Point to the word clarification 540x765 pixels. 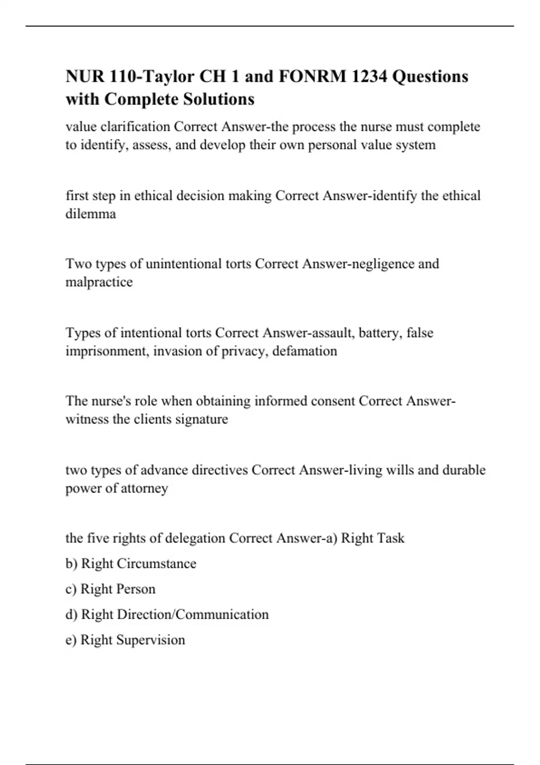click(135, 127)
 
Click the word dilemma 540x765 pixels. click(90, 214)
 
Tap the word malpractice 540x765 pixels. click(99, 282)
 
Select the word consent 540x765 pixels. click(332, 401)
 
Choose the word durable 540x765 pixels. click(464, 470)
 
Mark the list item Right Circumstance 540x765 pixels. click(130, 564)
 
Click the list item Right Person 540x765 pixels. click(110, 589)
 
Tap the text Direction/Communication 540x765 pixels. click(193, 615)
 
